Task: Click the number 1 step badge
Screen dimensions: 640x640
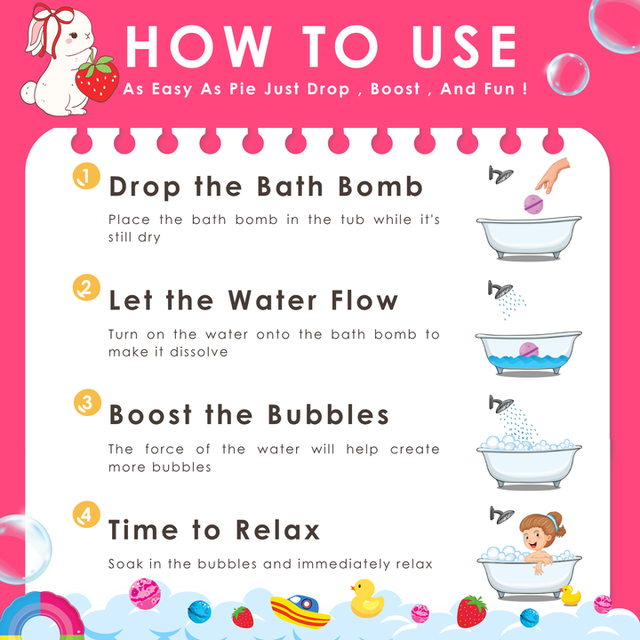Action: [86, 176]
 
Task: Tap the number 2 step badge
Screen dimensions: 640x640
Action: [86, 287]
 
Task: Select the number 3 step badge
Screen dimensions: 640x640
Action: [87, 403]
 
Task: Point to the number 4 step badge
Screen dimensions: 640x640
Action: [86, 515]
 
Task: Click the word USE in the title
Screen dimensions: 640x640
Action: [465, 46]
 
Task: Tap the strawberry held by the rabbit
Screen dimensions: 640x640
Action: [97, 79]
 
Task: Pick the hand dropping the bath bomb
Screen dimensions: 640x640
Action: [553, 175]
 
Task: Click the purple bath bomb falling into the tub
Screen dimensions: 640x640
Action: [533, 204]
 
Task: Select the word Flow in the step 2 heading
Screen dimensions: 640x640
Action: [364, 300]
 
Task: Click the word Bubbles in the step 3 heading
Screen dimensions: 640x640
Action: [328, 415]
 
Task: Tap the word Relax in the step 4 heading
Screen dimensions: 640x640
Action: [277, 530]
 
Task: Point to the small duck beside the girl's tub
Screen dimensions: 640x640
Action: [570, 595]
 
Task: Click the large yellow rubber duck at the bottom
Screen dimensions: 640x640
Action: [366, 598]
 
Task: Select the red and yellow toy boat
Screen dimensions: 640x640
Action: [300, 611]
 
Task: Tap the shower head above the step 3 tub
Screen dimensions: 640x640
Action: [501, 404]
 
